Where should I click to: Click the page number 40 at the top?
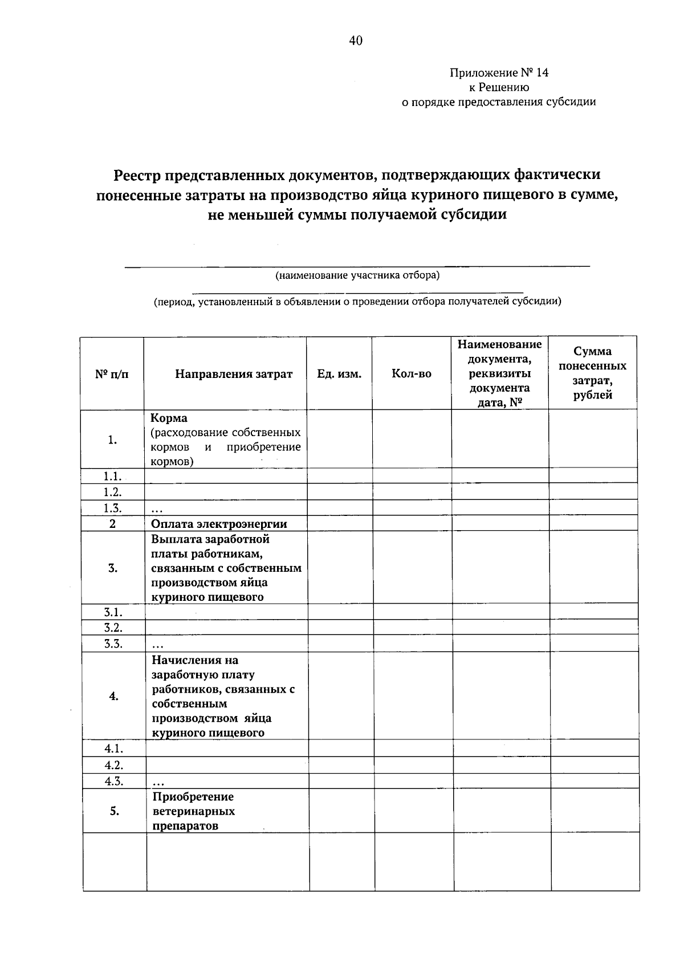click(x=355, y=40)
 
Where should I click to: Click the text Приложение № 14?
click(x=499, y=73)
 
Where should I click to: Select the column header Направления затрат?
click(x=234, y=374)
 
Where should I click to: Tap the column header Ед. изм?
click(x=339, y=374)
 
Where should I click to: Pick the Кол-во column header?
click(x=412, y=374)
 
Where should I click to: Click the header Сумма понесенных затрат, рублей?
click(x=592, y=373)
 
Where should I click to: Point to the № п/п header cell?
click(x=112, y=374)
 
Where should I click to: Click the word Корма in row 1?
click(x=169, y=418)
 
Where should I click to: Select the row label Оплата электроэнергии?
click(x=219, y=523)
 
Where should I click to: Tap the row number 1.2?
click(x=113, y=491)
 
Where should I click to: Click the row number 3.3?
click(x=113, y=644)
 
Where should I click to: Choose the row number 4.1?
click(x=114, y=748)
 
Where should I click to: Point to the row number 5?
click(x=115, y=811)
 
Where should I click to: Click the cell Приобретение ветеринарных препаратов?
click(x=193, y=811)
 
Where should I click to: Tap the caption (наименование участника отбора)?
click(x=357, y=275)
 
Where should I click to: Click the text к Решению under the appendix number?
click(x=499, y=87)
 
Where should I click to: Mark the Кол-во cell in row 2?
click(x=412, y=523)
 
